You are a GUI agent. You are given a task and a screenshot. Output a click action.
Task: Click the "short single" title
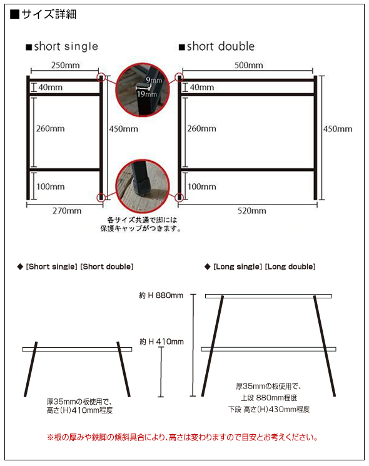pos(62,47)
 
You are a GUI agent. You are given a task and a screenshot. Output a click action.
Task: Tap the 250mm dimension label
pos(64,66)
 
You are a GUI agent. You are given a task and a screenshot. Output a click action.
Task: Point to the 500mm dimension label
pos(248,66)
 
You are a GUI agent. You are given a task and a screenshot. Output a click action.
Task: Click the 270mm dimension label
pos(66,211)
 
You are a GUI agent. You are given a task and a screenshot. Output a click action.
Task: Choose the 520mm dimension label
pos(251,211)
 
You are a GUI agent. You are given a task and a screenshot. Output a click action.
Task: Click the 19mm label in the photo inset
pos(151,93)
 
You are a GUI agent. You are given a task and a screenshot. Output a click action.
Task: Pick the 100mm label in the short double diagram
pos(202,186)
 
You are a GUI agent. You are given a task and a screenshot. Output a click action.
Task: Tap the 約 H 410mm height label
pos(161,342)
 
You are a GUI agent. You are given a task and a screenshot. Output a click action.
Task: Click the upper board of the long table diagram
pos(269,296)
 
